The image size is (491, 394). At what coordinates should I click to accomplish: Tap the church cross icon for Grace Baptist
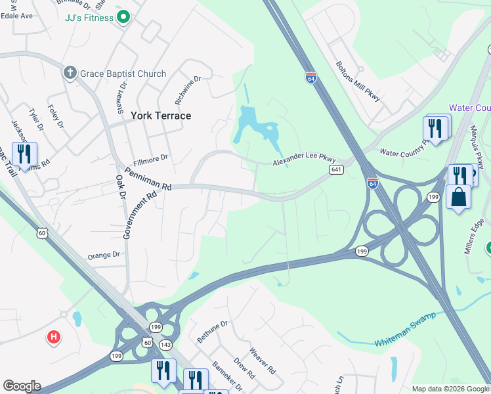pos(71,73)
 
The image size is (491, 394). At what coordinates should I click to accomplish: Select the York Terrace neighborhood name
pos(161,116)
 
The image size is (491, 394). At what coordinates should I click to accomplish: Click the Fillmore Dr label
pos(151,158)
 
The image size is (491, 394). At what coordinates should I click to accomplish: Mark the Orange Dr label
pos(104,255)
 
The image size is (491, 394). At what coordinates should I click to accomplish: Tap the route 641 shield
pos(336,169)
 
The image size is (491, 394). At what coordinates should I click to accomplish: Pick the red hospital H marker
pos(54,338)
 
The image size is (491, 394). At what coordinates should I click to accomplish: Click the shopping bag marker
pos(458,196)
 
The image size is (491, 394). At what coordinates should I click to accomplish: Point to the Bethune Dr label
pos(212,332)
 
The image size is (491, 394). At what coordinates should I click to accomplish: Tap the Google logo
pos(22,386)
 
